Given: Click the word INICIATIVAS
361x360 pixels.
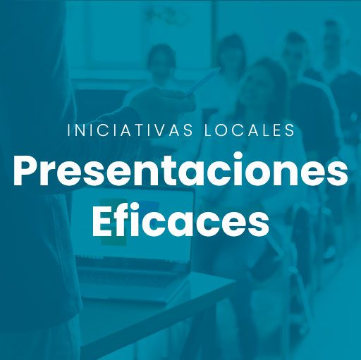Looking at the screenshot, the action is click(x=130, y=130).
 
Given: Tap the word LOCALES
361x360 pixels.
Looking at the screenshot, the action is click(x=250, y=130).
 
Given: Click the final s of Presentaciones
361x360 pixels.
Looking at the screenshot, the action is click(x=337, y=174).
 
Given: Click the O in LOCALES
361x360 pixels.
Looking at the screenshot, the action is click(x=219, y=130).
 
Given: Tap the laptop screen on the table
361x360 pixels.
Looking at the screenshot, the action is click(x=133, y=223).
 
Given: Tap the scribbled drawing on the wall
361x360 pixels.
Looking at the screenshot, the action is click(x=167, y=15).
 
